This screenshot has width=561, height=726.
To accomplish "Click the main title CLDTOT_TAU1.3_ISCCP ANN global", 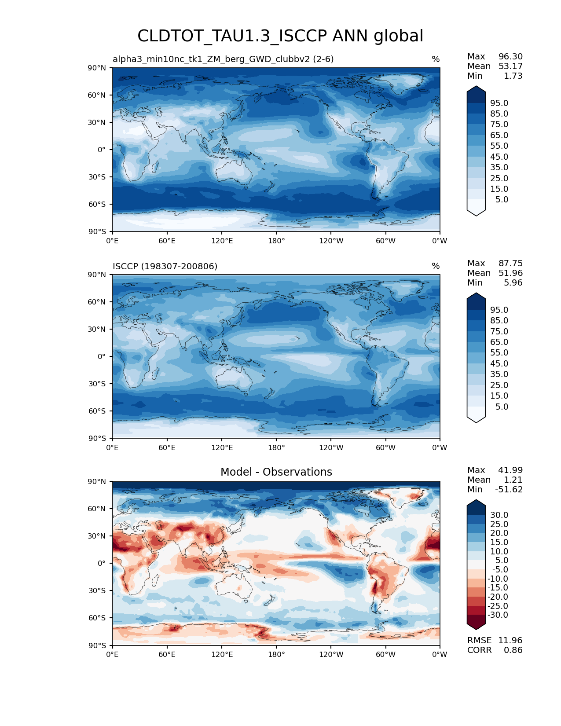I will [x=280, y=36].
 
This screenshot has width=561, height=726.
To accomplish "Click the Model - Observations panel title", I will [x=276, y=472].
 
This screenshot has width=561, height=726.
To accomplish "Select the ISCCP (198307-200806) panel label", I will [x=165, y=266].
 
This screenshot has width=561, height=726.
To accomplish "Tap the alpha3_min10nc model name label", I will [x=223, y=59].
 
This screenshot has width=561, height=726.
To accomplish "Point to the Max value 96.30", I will [x=510, y=57].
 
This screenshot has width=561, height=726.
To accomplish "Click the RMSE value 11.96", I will [x=510, y=641].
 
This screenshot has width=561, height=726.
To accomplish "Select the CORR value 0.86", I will [x=513, y=650].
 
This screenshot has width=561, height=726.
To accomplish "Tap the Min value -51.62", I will [x=509, y=490].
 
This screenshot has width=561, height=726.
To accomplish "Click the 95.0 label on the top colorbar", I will [x=499, y=103].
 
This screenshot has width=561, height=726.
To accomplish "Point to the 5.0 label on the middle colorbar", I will [x=502, y=407].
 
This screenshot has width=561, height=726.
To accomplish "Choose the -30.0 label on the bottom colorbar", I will [x=498, y=615].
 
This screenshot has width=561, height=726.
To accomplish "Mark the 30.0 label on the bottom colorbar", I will [x=499, y=515].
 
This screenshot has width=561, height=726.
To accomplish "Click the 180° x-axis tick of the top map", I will [x=276, y=241].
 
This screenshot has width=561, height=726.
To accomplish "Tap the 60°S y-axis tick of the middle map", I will [x=97, y=411].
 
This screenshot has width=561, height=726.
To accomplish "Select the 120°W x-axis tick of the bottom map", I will [x=331, y=655].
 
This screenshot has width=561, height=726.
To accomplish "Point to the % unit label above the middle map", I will [x=436, y=266].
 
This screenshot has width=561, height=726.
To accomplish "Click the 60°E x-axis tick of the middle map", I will [x=167, y=448].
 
